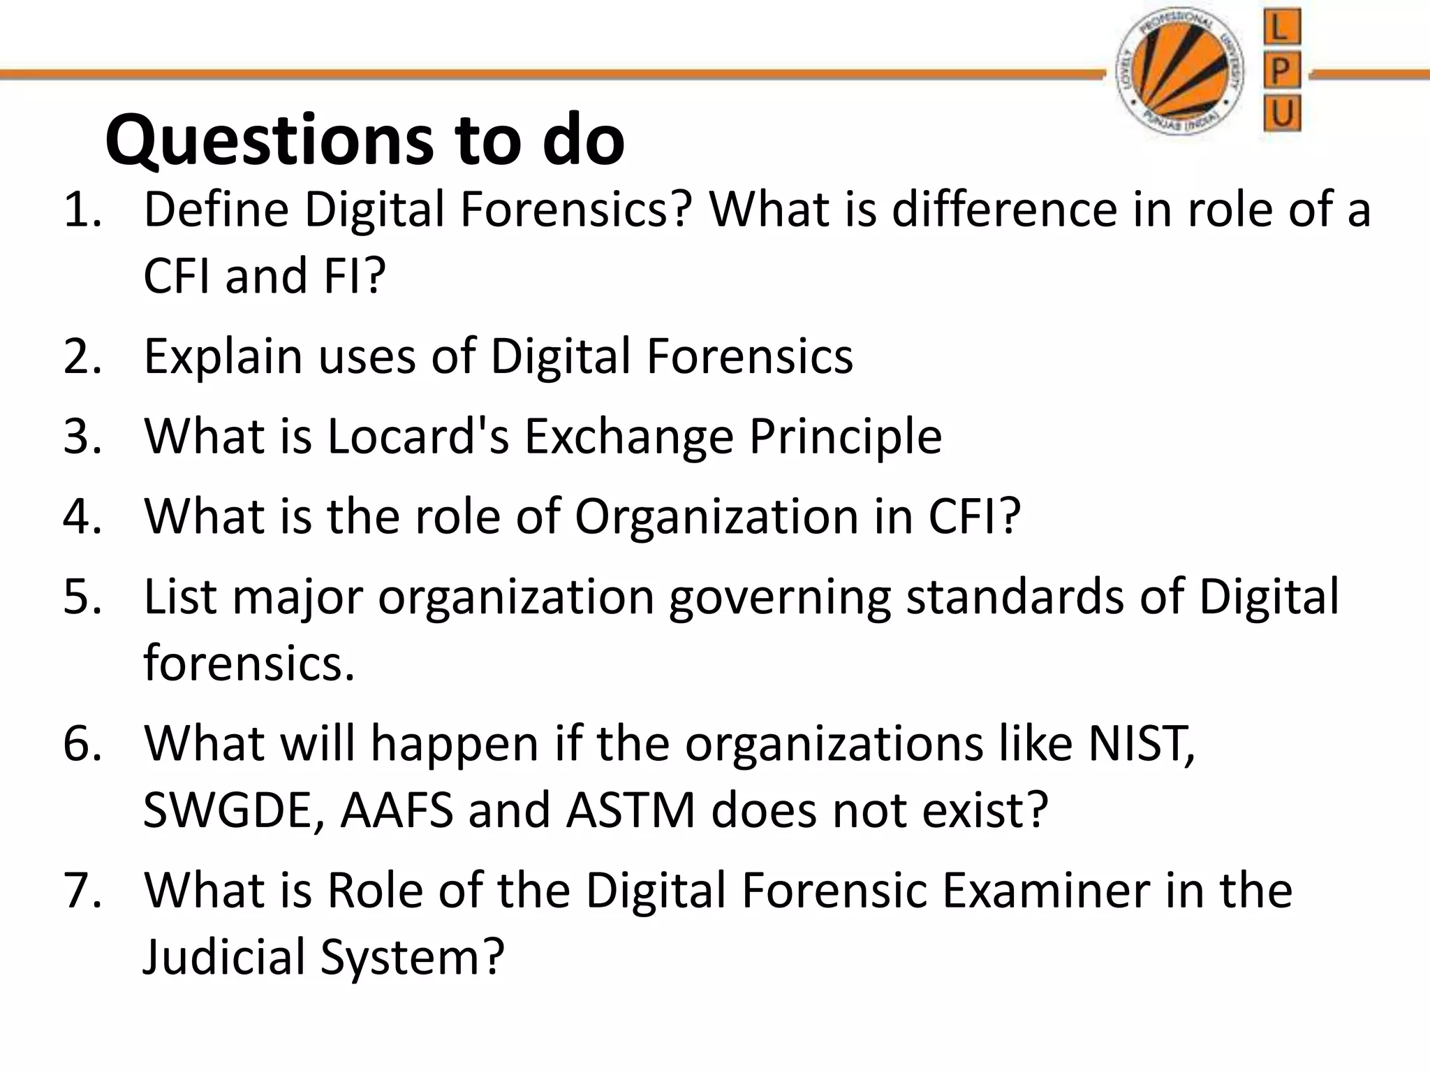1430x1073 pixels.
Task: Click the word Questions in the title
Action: pyautogui.click(x=271, y=142)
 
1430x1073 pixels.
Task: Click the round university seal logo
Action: pyautogui.click(x=1179, y=73)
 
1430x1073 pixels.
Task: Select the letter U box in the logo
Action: pyautogui.click(x=1282, y=114)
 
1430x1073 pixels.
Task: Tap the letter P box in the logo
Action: pyautogui.click(x=1282, y=71)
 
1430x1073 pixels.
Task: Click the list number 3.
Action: pyautogui.click(x=81, y=437)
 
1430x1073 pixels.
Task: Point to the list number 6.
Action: pyautogui.click(x=81, y=743)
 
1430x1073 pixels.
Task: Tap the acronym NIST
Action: pyautogui.click(x=1140, y=743)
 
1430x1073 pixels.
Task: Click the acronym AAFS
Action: pyautogui.click(x=397, y=810)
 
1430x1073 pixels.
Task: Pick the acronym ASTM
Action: pyautogui.click(x=631, y=810)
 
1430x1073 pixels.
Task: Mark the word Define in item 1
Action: pyautogui.click(x=216, y=210)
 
